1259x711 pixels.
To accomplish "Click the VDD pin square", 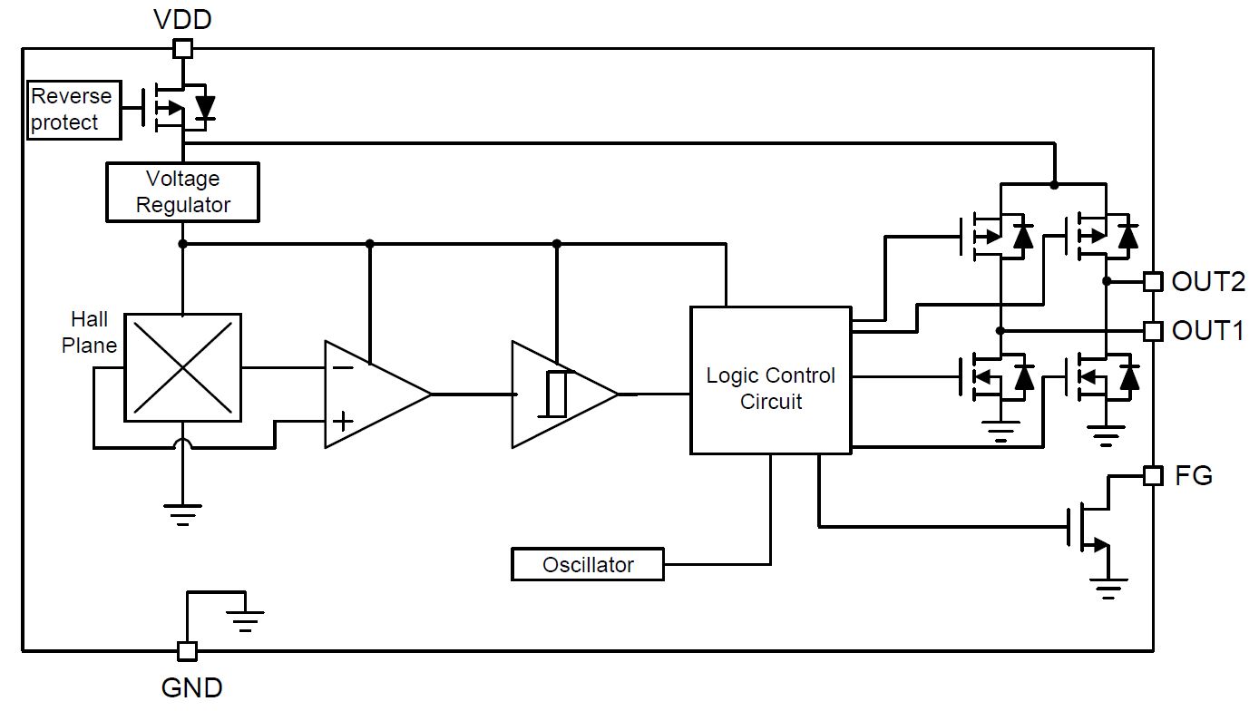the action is (x=182, y=49).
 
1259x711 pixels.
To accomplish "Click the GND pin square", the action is (x=187, y=651).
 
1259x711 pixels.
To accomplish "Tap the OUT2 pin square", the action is (x=1154, y=282).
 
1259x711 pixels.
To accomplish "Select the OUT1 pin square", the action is (x=1154, y=331).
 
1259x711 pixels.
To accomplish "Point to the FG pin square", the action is (x=1154, y=476).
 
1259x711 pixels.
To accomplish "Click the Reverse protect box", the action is (x=74, y=110).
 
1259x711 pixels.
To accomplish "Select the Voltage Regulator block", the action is (x=182, y=192).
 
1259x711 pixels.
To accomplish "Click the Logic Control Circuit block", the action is (x=771, y=381).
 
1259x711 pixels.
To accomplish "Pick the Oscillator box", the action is (x=588, y=564).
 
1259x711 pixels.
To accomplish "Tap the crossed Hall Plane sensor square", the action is (x=182, y=367).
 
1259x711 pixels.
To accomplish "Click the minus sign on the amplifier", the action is (x=343, y=368).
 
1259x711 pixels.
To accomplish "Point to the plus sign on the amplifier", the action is (x=343, y=421).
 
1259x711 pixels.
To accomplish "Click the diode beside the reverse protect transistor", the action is (x=205, y=108).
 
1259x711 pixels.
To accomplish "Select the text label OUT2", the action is (x=1208, y=282).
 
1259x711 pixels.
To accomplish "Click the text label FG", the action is (x=1194, y=476).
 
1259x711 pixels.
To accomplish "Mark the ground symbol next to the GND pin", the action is (x=245, y=621).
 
